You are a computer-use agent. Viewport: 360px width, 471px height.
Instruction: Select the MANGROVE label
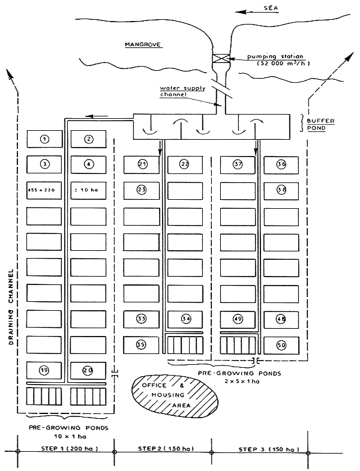(x=140, y=45)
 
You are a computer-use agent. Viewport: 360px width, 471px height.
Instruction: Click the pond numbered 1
(x=45, y=139)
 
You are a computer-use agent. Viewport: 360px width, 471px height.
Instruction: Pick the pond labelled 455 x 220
(x=45, y=190)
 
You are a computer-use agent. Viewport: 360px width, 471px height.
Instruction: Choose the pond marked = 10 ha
(x=89, y=190)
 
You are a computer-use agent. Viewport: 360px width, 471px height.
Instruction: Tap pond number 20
(x=89, y=370)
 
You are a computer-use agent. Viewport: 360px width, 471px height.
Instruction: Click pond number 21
(x=142, y=164)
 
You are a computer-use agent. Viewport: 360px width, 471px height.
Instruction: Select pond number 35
(x=142, y=345)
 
